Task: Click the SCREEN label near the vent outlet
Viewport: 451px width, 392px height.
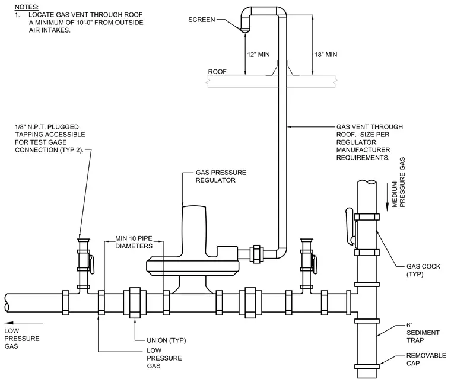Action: point(201,20)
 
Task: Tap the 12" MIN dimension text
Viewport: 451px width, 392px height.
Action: point(258,55)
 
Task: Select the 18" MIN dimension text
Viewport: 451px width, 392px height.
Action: point(326,55)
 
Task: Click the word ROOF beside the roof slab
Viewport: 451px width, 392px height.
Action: point(217,72)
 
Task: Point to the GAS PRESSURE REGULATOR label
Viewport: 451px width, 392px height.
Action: point(221,176)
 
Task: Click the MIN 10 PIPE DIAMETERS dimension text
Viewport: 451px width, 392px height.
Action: point(134,243)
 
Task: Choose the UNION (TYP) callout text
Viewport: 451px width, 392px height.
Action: point(166,340)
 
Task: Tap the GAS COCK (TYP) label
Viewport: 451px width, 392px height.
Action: point(423,270)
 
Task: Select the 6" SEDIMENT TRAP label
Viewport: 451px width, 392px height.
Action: point(423,333)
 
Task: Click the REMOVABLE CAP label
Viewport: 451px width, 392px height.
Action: point(426,359)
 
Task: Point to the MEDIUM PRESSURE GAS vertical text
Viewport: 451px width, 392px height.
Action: point(398,182)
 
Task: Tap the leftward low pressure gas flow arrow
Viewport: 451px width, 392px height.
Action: point(24,323)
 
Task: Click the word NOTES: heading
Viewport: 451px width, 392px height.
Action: point(27,7)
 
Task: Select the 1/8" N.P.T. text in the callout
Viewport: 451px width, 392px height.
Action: point(30,127)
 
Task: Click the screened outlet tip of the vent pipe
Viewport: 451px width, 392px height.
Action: point(245,30)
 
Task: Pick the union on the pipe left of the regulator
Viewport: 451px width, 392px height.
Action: point(135,302)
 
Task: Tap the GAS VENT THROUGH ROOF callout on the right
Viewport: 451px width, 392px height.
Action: point(370,142)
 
